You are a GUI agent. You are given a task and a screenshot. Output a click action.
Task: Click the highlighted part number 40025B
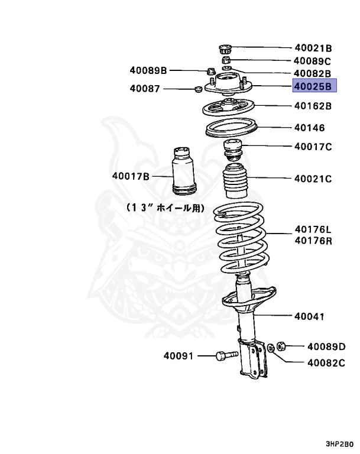(314, 87)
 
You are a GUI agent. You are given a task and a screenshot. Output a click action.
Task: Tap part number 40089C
(313, 61)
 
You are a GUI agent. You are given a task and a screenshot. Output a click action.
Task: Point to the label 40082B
(313, 73)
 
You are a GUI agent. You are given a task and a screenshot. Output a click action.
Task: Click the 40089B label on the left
(149, 71)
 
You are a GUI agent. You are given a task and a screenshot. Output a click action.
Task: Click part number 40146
(309, 127)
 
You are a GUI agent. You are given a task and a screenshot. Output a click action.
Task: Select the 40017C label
(313, 147)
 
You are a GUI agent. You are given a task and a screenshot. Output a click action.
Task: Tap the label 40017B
(132, 176)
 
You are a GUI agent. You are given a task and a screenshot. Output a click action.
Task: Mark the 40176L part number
(313, 229)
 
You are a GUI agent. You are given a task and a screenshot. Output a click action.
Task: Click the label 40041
(309, 317)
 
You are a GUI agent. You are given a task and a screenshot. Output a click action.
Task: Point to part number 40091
(179, 355)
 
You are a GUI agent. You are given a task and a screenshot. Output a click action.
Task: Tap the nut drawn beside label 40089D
(282, 345)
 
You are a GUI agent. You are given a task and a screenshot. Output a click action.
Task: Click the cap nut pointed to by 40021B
(225, 48)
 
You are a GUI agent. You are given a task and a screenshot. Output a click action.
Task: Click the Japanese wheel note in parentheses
(165, 208)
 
